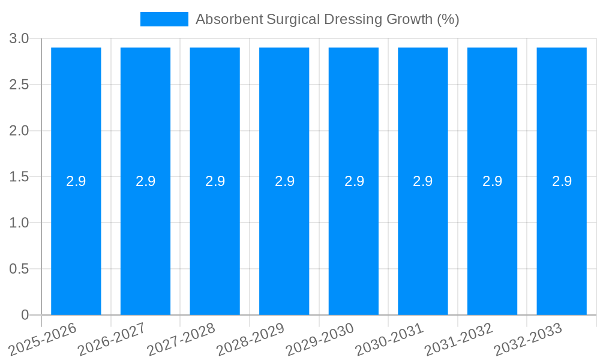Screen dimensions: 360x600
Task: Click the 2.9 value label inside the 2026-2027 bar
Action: [146, 181]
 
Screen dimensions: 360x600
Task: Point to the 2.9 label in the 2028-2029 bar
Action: [284, 181]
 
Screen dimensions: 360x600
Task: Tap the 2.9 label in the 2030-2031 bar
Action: [423, 181]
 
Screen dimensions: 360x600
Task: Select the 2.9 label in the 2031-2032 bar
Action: [493, 181]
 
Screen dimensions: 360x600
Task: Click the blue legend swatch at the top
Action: [164, 19]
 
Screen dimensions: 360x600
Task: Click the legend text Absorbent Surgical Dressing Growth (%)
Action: [327, 19]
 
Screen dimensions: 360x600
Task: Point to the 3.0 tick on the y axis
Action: [19, 39]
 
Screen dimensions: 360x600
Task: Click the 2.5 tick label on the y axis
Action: [19, 85]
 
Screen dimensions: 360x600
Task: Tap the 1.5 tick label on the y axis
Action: [19, 177]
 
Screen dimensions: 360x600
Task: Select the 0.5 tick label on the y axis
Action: [19, 269]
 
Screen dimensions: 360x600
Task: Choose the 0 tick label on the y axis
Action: [25, 315]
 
